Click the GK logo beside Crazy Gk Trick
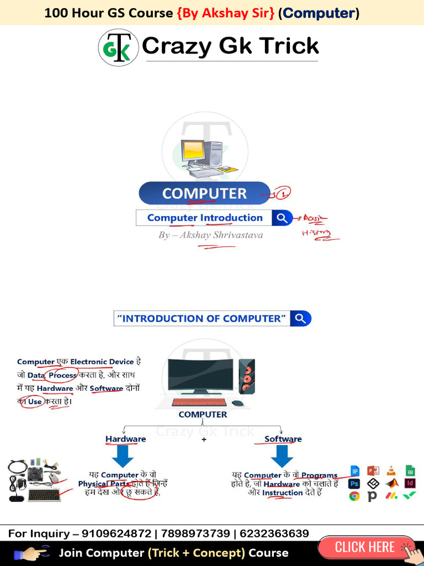pos(118,48)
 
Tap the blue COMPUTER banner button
pos(204,193)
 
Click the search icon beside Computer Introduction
pos(282,218)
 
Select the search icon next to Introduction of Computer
pos(301,318)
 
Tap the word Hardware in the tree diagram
pos(126,439)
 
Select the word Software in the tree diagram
pos(283,439)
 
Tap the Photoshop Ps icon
pos(354,484)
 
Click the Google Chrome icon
pos(354,496)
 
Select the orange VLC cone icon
pos(391,471)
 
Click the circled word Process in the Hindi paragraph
pos(62,375)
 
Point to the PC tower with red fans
pos(246,376)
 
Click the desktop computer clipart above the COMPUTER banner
pos(204,158)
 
